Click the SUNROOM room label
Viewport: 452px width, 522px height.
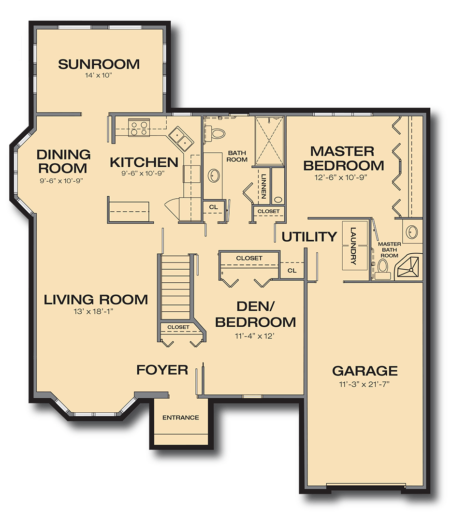click(x=99, y=64)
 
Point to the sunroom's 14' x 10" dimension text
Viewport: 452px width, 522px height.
click(x=99, y=75)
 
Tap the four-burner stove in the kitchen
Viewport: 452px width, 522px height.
click(x=138, y=127)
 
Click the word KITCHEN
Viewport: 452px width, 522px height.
click(x=144, y=162)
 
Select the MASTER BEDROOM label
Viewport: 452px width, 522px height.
click(x=343, y=159)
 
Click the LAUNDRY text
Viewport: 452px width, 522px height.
click(x=353, y=246)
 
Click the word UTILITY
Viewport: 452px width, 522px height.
click(x=309, y=237)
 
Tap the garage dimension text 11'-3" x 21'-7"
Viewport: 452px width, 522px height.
click(x=365, y=385)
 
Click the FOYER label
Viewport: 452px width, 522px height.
click(x=162, y=370)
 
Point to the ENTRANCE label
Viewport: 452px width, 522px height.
click(x=181, y=418)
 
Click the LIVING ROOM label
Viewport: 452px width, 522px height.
click(x=96, y=300)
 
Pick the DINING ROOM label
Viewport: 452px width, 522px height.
click(x=63, y=161)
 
